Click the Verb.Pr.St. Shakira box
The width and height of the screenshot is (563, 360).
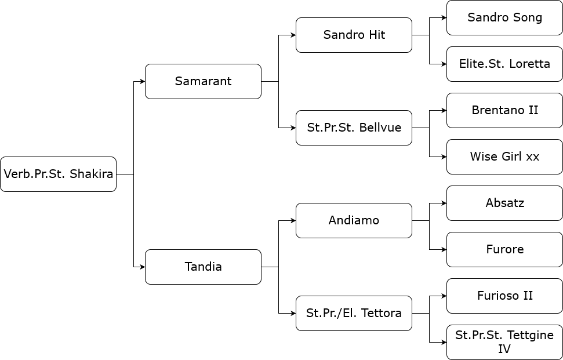point(58,174)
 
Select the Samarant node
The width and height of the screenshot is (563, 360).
point(204,82)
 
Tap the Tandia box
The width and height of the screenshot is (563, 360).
point(204,267)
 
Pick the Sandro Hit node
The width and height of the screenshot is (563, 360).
point(354,35)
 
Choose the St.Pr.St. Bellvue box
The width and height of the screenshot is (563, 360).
point(354,128)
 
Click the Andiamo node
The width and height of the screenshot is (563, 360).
point(354,220)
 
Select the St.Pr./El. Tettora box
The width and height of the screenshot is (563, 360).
point(354,314)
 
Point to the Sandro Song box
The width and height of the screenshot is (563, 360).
point(505,17)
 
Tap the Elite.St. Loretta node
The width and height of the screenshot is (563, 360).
point(505,64)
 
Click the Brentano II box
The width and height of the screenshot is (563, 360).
point(505,110)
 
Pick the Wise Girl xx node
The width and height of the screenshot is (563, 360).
point(505,157)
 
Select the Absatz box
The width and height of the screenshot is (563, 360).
point(505,203)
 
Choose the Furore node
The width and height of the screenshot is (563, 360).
point(505,249)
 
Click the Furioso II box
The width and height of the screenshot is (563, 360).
point(505,296)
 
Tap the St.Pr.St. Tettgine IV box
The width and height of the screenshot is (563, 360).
point(505,342)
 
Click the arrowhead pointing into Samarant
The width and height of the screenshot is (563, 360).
point(143,82)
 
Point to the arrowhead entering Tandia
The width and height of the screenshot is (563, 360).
point(143,267)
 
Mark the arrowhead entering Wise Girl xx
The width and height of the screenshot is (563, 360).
point(444,157)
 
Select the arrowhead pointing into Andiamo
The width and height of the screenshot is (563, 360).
point(293,220)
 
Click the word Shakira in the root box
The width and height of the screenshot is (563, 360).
point(91,174)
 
